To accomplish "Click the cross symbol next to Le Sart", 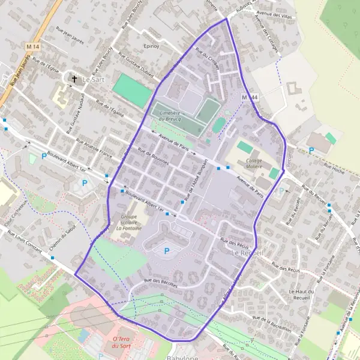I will click(75, 79).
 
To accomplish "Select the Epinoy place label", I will click(150, 46).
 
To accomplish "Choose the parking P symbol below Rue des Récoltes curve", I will click(167, 250).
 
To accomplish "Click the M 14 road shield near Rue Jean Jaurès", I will click(32, 46).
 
